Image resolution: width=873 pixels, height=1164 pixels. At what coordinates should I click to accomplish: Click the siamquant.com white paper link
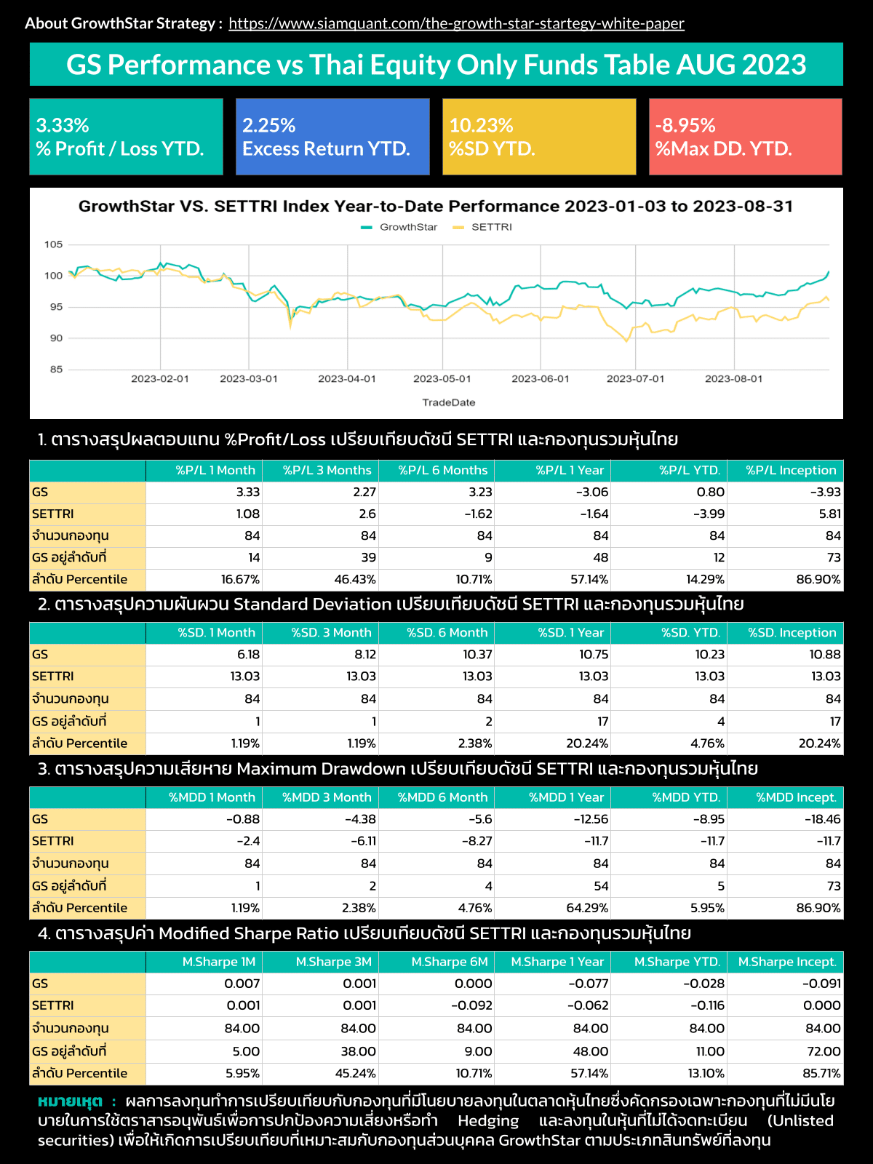(456, 23)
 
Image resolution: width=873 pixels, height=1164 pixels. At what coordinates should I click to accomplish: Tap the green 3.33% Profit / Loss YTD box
(126, 137)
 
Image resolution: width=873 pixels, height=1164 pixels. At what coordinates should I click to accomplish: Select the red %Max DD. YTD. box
(745, 137)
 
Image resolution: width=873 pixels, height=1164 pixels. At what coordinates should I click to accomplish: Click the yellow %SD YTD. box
(538, 137)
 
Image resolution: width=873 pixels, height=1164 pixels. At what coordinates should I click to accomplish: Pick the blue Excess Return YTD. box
(332, 137)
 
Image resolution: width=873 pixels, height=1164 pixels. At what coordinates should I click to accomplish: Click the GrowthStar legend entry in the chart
(400, 227)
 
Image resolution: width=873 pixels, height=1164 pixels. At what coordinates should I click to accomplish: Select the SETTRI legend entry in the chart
(484, 227)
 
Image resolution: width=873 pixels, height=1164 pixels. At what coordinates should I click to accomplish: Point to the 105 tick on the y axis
(54, 244)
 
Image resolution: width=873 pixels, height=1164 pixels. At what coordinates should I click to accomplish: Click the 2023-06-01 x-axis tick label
(541, 379)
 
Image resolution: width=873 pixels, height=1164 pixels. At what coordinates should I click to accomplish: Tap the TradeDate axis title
(449, 402)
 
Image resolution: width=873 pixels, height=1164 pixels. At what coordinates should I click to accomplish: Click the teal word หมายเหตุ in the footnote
(71, 1101)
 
